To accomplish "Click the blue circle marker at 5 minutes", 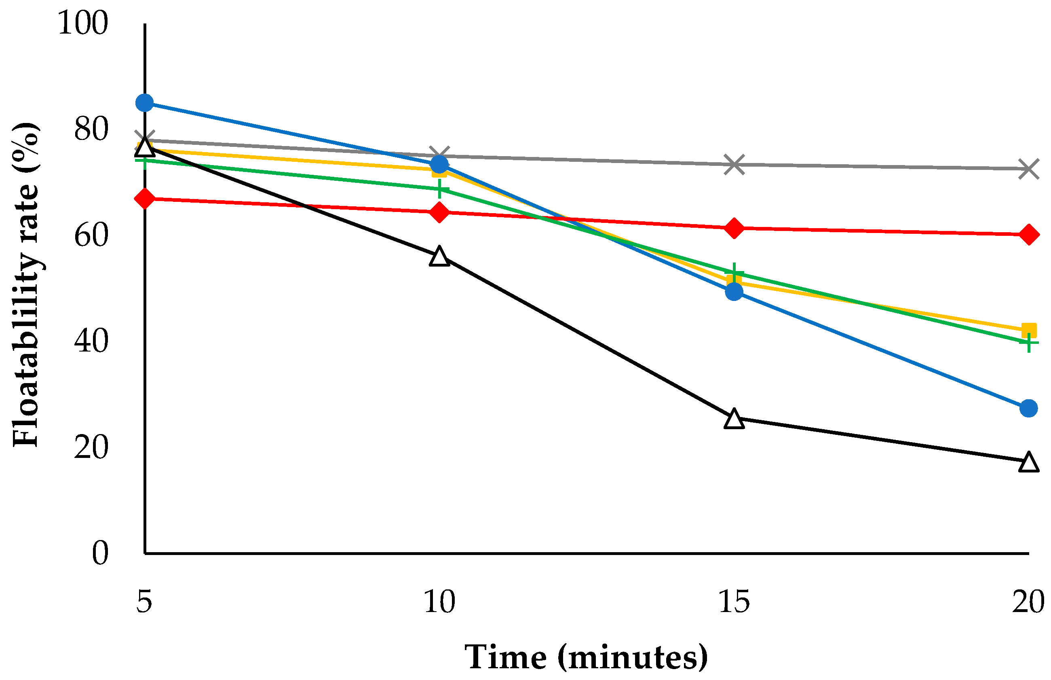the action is [145, 103].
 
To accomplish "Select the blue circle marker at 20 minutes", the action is [1028, 408].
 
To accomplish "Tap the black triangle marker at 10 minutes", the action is [439, 255].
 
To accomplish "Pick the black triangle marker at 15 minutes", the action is [734, 418].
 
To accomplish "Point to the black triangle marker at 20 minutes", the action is [1028, 462].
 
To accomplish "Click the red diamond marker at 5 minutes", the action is [145, 199].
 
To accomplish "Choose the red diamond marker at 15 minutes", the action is [734, 228].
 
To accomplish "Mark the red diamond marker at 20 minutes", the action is [1028, 234].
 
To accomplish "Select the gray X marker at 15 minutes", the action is [734, 164].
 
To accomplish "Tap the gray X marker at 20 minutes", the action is [1028, 169].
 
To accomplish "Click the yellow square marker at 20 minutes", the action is [1028, 330].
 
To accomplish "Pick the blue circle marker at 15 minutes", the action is [734, 291].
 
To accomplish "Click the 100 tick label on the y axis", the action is [82, 23].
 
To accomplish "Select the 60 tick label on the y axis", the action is [91, 235].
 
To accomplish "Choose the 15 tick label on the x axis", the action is [734, 601].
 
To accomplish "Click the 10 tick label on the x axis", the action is [439, 601].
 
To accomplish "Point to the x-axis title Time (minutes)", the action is [587, 657].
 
